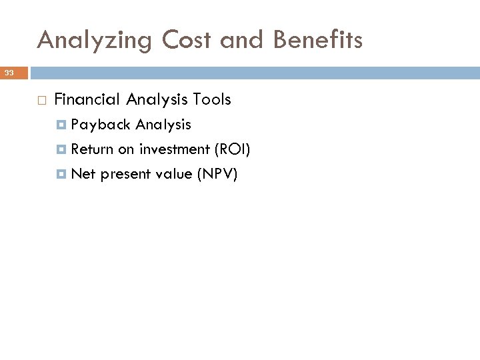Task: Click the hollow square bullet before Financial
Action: pyautogui.click(x=42, y=101)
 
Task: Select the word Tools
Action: pyautogui.click(x=211, y=100)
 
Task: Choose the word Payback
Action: pyautogui.click(x=101, y=125)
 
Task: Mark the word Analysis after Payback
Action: pyautogui.click(x=163, y=125)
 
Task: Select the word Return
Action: pyautogui.click(x=93, y=149)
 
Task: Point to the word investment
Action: pyautogui.click(x=173, y=149)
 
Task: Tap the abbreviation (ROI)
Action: pyautogui.click(x=231, y=149)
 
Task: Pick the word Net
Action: pyautogui.click(x=83, y=174)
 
